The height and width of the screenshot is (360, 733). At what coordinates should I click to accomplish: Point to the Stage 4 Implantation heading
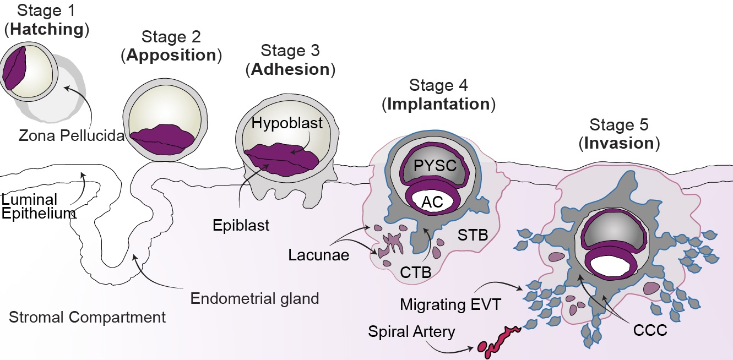438,95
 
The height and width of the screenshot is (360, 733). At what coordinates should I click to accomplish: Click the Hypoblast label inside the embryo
287,123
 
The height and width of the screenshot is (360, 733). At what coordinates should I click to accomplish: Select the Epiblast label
242,226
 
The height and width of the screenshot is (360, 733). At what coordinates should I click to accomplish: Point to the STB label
473,236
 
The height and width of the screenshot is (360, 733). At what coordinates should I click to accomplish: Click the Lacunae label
318,255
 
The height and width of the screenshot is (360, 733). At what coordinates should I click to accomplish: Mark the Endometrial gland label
254,299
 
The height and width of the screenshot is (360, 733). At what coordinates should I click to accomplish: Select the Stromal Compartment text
87,318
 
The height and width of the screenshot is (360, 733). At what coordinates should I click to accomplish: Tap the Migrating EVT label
449,304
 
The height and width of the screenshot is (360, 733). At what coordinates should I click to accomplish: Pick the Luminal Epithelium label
38,206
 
